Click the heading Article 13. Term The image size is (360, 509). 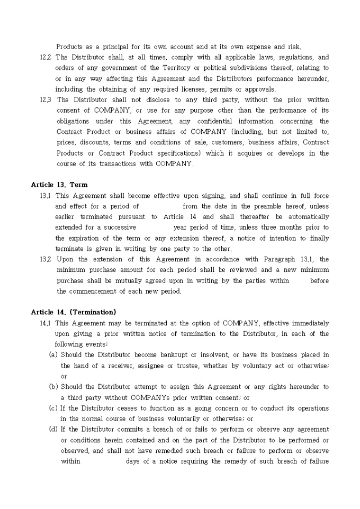click(59, 185)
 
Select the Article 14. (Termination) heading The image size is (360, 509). click(74, 312)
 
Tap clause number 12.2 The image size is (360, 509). click(46, 57)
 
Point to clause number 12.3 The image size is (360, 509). click(46, 99)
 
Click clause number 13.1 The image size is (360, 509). click(46, 196)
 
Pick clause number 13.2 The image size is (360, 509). click(46, 259)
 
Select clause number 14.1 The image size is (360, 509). click(46, 323)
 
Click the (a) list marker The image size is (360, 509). click(53, 355)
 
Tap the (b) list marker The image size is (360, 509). click(53, 387)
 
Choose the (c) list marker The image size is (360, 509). click(53, 408)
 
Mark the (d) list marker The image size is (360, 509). click(53, 430)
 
